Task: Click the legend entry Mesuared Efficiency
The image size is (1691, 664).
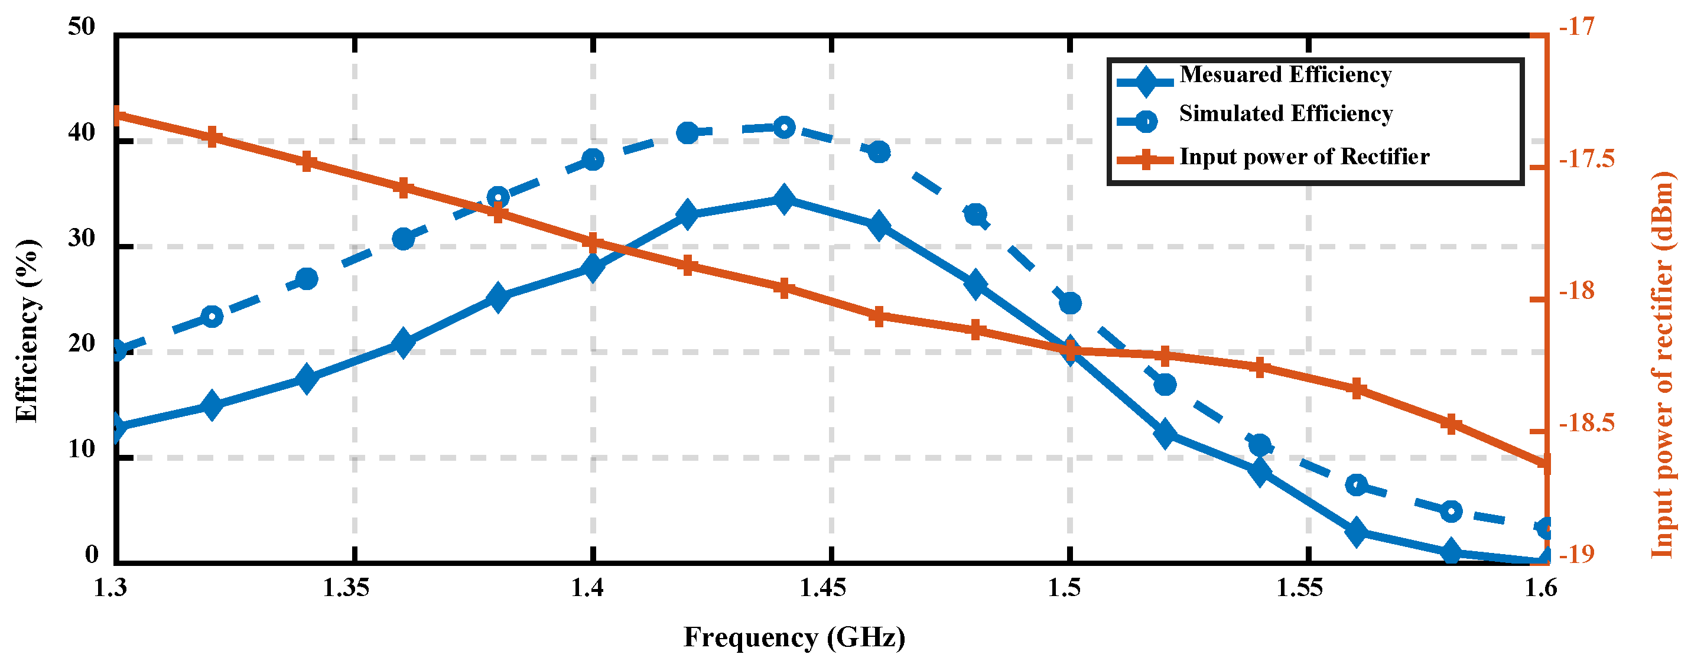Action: [1284, 75]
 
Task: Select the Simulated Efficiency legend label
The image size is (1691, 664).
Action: [1285, 113]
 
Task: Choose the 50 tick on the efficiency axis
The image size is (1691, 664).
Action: [82, 27]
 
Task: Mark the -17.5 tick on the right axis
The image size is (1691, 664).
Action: [1586, 160]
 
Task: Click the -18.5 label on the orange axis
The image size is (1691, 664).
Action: [1586, 424]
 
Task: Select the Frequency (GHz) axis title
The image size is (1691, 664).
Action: [794, 637]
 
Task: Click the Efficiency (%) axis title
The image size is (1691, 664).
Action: [28, 331]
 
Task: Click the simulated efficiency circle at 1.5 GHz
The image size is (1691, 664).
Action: [1070, 303]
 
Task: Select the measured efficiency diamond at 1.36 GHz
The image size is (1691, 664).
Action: [403, 344]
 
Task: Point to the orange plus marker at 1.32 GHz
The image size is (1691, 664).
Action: [212, 138]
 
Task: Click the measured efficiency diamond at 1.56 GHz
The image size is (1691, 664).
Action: [1357, 532]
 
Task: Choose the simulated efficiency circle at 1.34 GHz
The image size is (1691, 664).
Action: [307, 279]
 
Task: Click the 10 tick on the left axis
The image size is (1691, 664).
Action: [82, 450]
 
